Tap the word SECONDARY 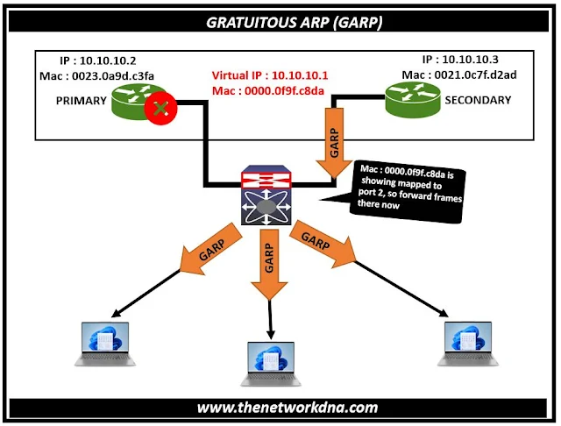[478, 100]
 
